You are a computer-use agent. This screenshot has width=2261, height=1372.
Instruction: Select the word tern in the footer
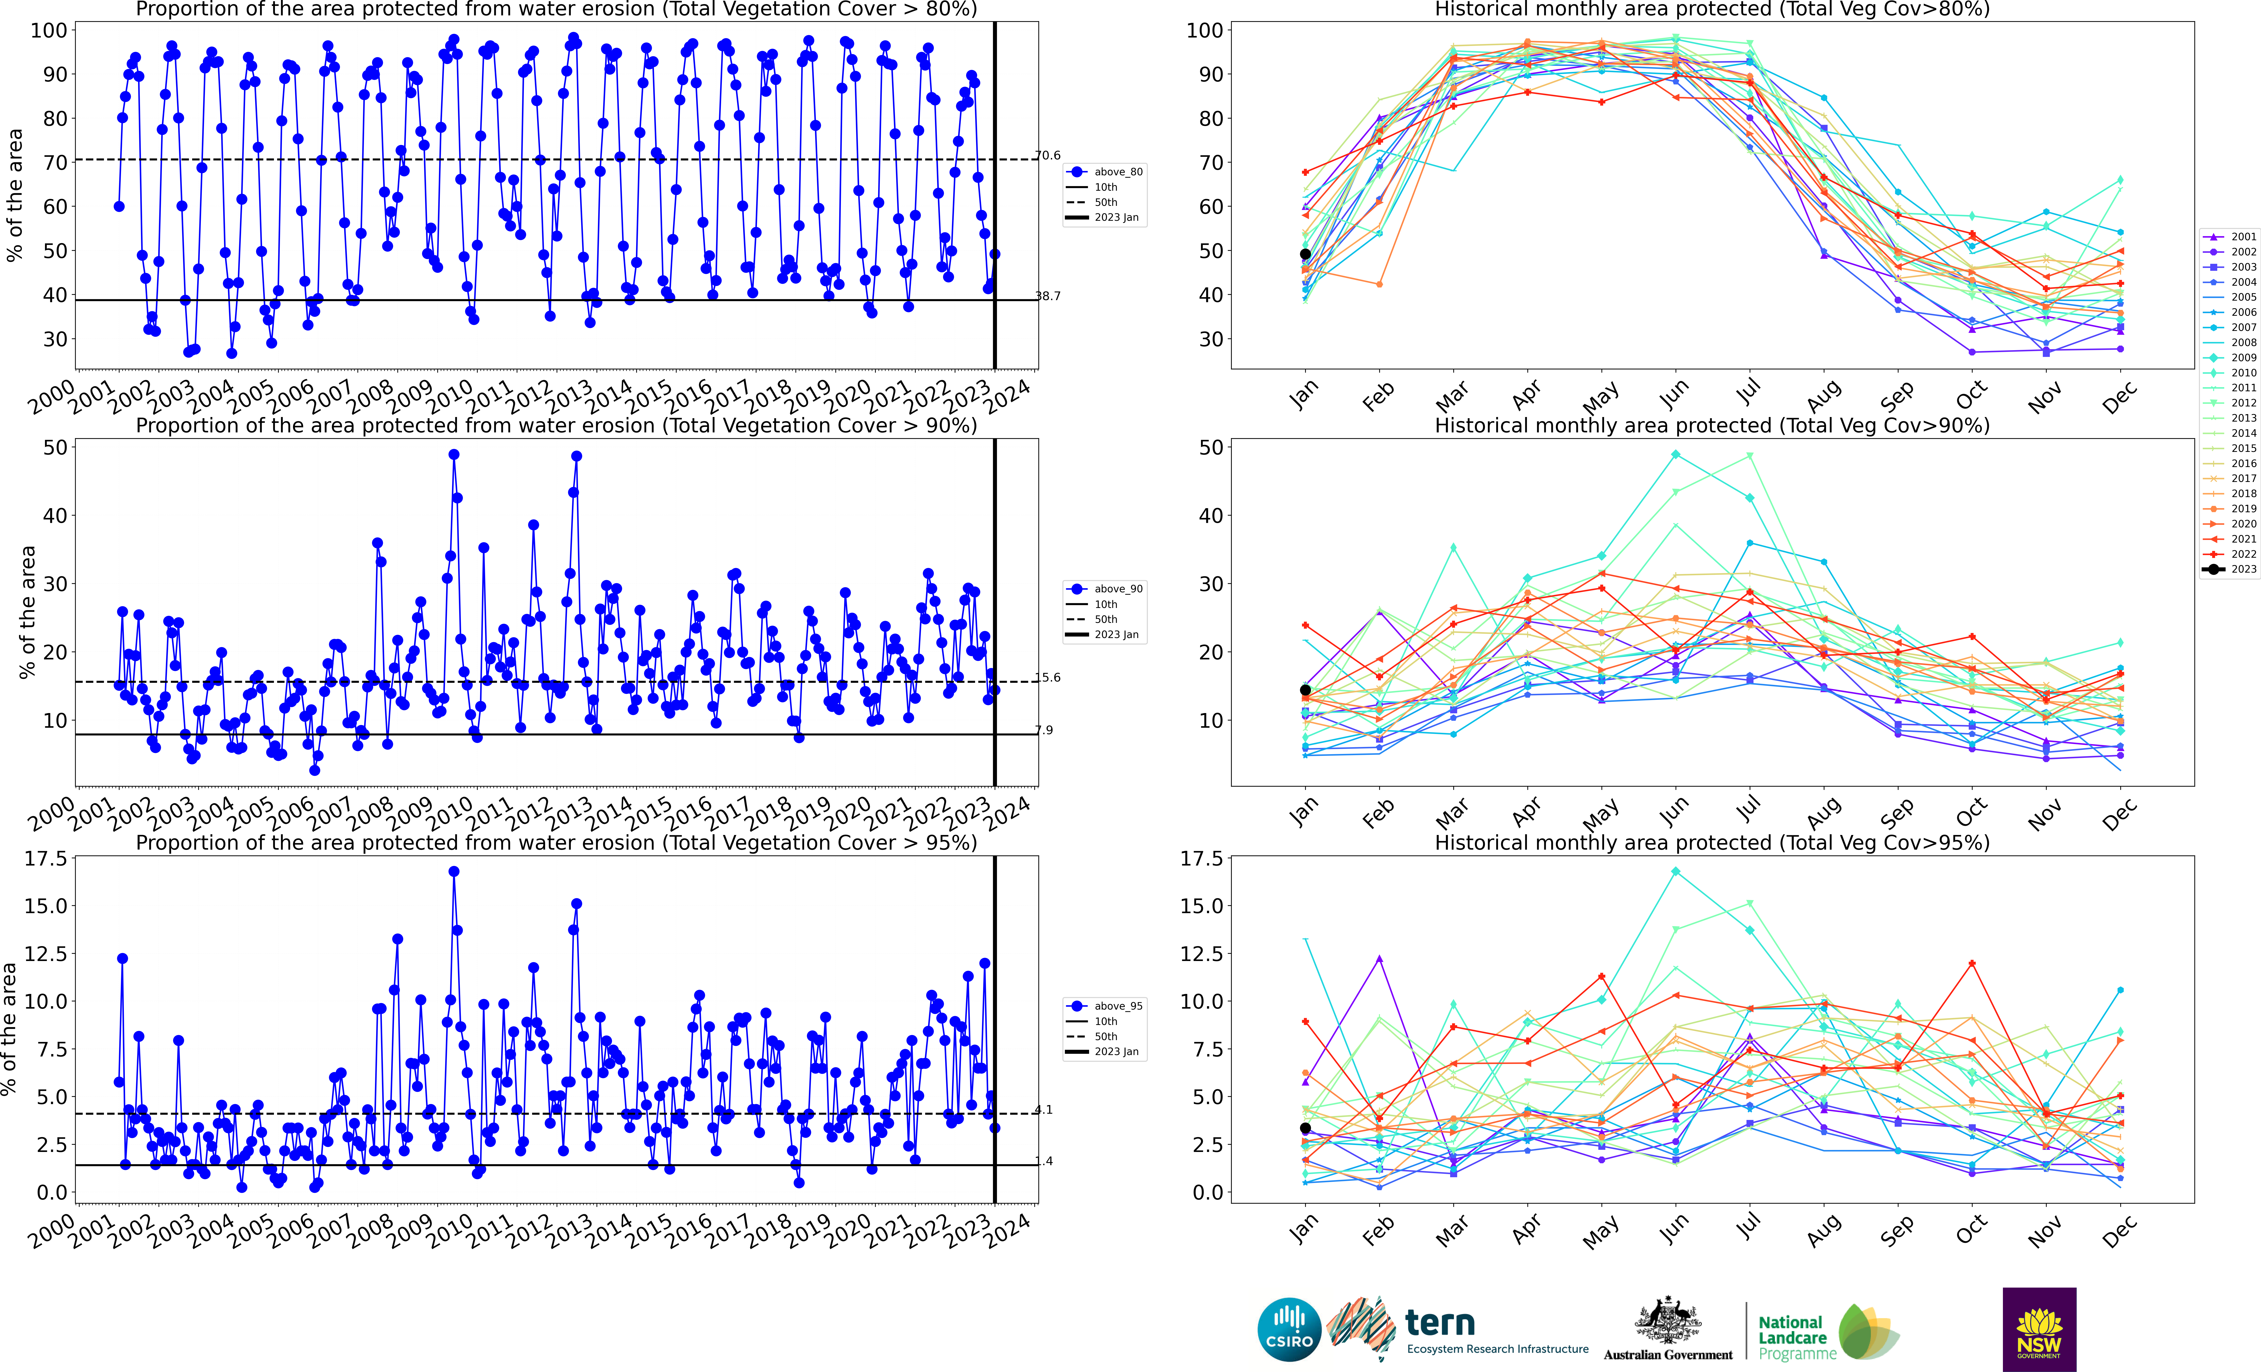tap(1440, 1322)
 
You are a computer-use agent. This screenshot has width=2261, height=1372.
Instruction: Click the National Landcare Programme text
tap(1797, 1337)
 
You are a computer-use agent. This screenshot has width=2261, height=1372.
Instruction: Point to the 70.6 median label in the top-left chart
tap(1047, 155)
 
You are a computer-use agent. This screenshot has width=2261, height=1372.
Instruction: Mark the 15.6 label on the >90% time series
tap(1047, 677)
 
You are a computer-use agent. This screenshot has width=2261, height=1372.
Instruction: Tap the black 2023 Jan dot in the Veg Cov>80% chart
tap(1305, 254)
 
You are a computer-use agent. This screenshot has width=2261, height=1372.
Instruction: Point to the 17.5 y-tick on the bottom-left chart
tap(46, 859)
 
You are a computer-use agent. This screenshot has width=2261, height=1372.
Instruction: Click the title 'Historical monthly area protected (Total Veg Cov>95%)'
tap(1711, 842)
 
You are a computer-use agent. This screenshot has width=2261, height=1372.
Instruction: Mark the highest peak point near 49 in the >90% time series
tap(453, 454)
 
